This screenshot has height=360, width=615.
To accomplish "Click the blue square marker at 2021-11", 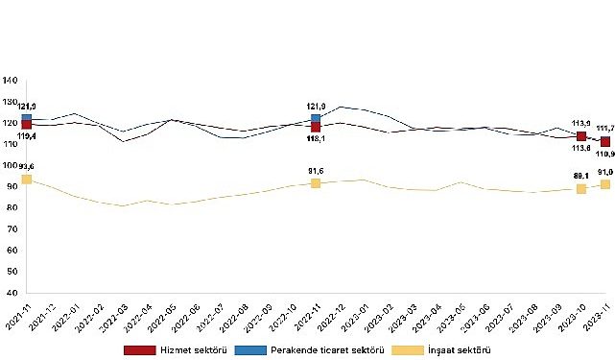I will [26, 119].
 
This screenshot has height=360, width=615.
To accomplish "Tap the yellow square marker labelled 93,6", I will [26, 180].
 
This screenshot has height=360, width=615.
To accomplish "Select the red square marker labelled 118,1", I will [316, 127].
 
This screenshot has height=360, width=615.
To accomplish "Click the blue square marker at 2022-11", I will [316, 119].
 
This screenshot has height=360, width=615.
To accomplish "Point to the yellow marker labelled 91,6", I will [316, 182].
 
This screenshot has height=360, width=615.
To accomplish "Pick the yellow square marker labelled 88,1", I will [581, 189].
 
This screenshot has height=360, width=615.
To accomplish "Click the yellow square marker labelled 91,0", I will [605, 184].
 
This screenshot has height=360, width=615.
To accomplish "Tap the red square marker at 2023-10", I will [581, 136].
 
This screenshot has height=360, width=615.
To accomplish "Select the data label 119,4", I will [26, 138].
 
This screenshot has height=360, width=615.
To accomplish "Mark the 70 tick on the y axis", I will [12, 229].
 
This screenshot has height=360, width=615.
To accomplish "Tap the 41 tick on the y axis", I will [12, 292].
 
